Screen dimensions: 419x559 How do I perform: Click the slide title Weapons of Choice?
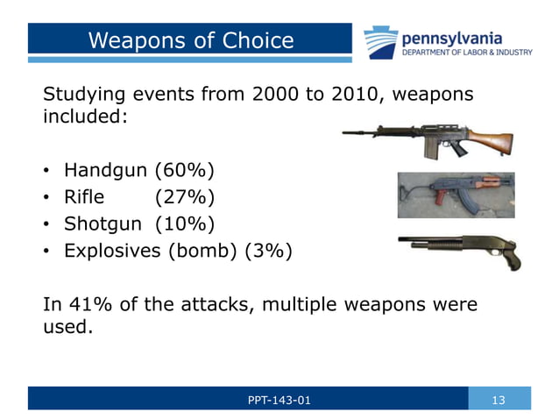click(x=190, y=40)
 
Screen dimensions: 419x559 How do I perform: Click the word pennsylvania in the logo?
click(x=451, y=37)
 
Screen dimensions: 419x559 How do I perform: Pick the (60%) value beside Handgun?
click(x=183, y=168)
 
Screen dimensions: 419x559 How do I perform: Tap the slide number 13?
click(x=499, y=400)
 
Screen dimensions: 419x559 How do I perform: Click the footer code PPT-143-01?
click(x=279, y=400)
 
